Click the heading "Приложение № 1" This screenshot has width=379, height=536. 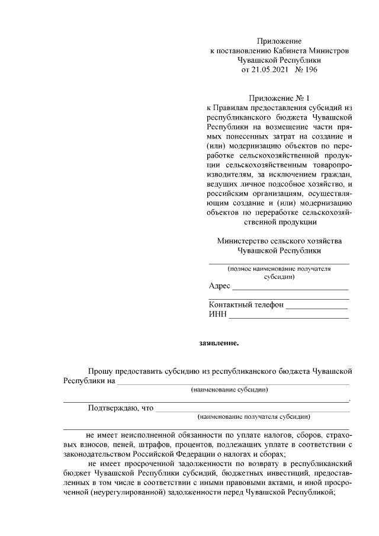click(278, 98)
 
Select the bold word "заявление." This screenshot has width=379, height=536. click(219, 342)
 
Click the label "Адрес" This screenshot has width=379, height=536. click(219, 286)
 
